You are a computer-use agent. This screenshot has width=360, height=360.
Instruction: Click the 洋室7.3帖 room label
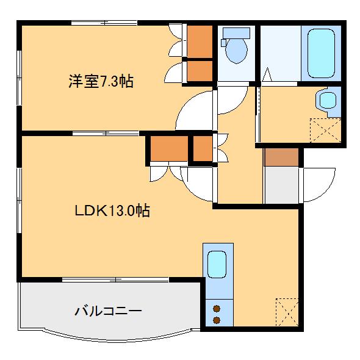click(101, 81)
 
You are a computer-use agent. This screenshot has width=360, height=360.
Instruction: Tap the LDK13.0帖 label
click(113, 211)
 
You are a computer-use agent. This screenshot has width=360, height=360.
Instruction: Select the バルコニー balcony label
click(108, 311)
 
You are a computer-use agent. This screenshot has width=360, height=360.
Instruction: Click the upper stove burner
click(217, 309)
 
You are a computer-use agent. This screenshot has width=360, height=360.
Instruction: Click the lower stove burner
click(217, 319)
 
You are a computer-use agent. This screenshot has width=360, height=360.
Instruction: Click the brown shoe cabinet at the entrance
click(281, 157)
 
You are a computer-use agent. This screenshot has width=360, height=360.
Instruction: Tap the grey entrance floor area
click(281, 185)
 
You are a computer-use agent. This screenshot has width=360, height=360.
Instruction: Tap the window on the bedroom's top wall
click(104, 23)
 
